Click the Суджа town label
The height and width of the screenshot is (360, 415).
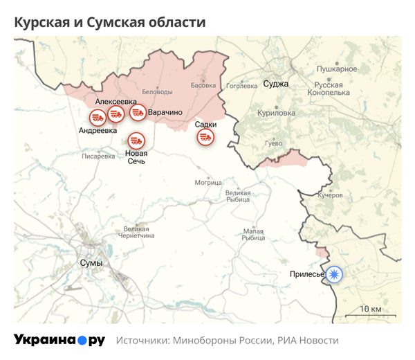point(276,84)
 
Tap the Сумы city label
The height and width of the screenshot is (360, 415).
point(91,264)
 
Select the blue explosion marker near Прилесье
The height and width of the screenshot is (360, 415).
point(335,274)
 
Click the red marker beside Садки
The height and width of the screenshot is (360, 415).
point(205,137)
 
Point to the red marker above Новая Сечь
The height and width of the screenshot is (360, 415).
point(136,143)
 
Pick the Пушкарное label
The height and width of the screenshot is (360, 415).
point(336,69)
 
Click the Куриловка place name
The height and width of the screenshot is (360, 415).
point(275,113)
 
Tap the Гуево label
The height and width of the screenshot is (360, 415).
point(273,143)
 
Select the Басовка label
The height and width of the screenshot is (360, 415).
point(203,86)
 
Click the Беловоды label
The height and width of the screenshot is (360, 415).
point(157,92)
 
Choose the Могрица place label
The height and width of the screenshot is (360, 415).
point(208,183)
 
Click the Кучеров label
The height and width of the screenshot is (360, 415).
point(330,196)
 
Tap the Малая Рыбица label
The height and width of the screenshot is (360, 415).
point(253,235)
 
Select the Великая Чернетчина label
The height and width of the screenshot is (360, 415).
point(135,233)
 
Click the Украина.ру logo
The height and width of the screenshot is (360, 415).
point(59,341)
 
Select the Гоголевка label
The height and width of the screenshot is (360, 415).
point(242,87)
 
